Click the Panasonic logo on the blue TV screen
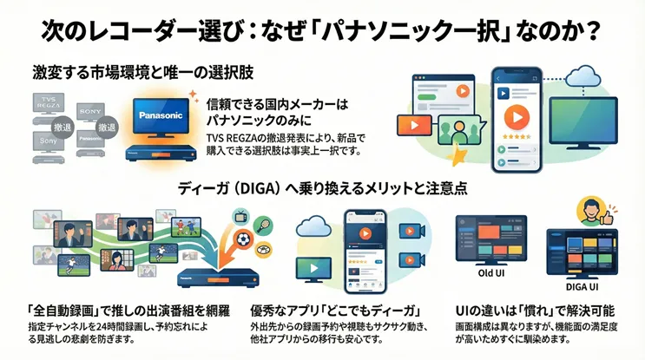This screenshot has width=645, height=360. [159, 115]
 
